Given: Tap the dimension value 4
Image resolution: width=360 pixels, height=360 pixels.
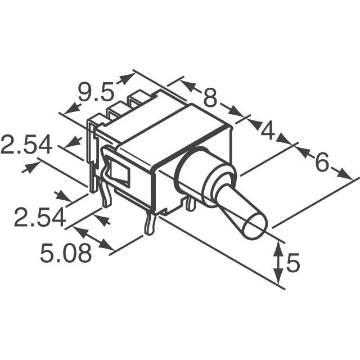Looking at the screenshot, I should tap(268, 131).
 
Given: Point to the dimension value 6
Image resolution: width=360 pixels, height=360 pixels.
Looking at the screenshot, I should tap(321, 163).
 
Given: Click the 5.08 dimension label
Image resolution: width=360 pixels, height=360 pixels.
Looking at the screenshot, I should tap(66, 254).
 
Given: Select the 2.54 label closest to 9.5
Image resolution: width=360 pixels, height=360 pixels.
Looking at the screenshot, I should tap(26, 146).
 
